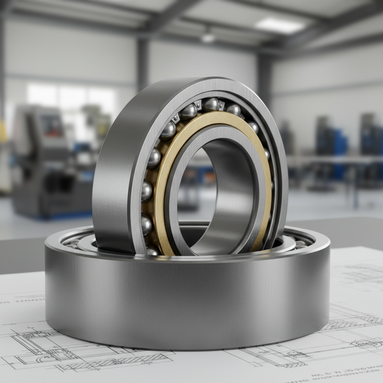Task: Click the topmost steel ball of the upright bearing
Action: click(x=211, y=104)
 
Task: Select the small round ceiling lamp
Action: click(x=208, y=37)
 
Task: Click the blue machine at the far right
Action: click(x=371, y=136)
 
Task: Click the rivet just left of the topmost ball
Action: click(x=198, y=105)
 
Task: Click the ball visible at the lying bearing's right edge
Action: click(x=300, y=245)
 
